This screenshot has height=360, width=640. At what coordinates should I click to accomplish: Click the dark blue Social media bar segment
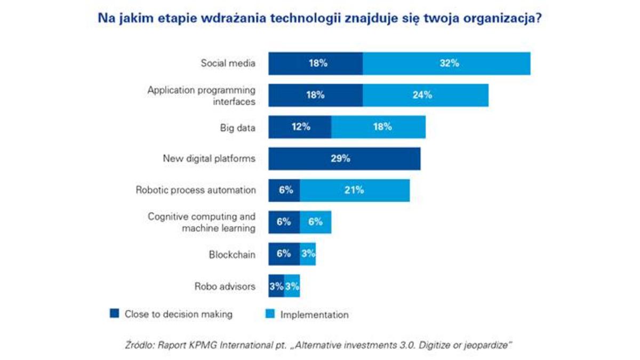pos(315,63)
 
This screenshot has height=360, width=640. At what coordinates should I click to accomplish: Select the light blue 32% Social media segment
pos(446,63)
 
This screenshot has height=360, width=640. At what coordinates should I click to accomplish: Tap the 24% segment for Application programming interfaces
pos(425,95)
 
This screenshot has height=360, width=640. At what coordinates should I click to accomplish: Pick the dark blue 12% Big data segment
pos(299,127)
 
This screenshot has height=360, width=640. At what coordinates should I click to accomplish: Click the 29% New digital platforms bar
pos(344,158)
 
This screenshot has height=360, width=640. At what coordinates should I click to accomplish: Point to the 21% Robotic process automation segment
pos(355,190)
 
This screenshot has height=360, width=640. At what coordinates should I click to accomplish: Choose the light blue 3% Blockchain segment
pos(308,254)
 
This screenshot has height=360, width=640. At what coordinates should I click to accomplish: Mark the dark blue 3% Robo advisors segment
pos(276,286)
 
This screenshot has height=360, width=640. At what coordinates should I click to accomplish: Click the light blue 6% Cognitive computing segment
pos(315,222)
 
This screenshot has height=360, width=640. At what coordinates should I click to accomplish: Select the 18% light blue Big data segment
pos(378,127)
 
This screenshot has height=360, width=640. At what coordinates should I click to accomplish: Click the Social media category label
pos(228,63)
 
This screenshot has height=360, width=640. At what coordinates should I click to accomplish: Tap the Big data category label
pos(237,127)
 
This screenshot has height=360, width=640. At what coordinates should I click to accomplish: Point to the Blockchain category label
pos(232,255)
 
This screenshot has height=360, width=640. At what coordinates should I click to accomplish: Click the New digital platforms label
pos(209,158)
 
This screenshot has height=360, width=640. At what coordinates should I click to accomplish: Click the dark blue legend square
pos(114,314)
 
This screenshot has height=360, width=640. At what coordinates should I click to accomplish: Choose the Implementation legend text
pos(314,315)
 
